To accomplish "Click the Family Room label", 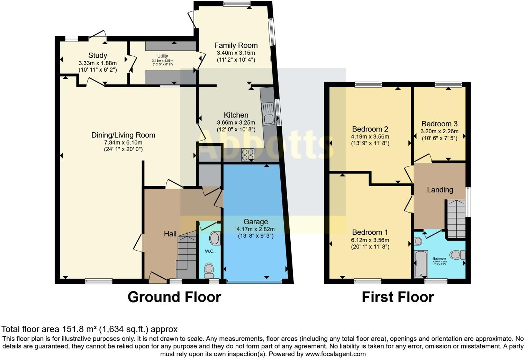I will tap(236, 45).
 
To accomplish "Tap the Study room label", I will tap(98, 55).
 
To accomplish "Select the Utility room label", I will tap(163, 56).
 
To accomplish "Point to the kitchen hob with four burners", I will tap(247, 154).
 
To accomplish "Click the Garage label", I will tap(255, 222).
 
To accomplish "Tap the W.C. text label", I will tap(209, 251).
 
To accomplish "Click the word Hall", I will tap(170, 234).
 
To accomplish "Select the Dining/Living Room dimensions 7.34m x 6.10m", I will tap(123, 143).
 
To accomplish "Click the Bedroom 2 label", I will tap(370, 129).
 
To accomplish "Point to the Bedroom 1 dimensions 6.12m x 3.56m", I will tap(370, 240).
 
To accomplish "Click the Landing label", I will tap(440, 190).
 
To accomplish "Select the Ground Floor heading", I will tap(174, 297).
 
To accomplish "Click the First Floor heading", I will tap(398, 297).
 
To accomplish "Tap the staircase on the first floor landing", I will tap(456, 218).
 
